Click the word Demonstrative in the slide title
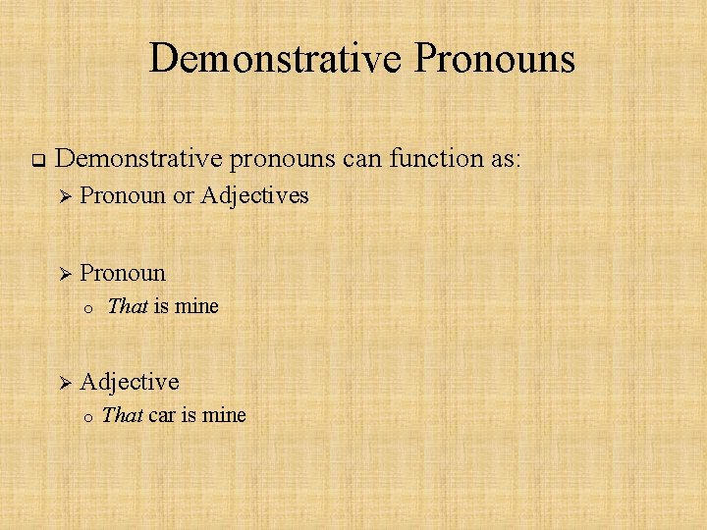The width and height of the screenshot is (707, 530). [x=276, y=58]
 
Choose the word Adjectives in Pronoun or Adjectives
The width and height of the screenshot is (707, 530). [x=254, y=196]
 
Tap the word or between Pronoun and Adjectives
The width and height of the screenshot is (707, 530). [x=183, y=196]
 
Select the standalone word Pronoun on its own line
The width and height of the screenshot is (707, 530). [x=123, y=272]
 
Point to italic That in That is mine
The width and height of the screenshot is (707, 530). [x=127, y=306]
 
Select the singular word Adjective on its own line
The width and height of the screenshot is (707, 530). [x=129, y=381]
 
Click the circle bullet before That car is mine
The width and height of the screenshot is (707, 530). [x=87, y=417]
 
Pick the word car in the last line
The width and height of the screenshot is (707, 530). [x=163, y=415]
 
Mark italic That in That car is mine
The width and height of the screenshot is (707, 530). [x=122, y=415]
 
